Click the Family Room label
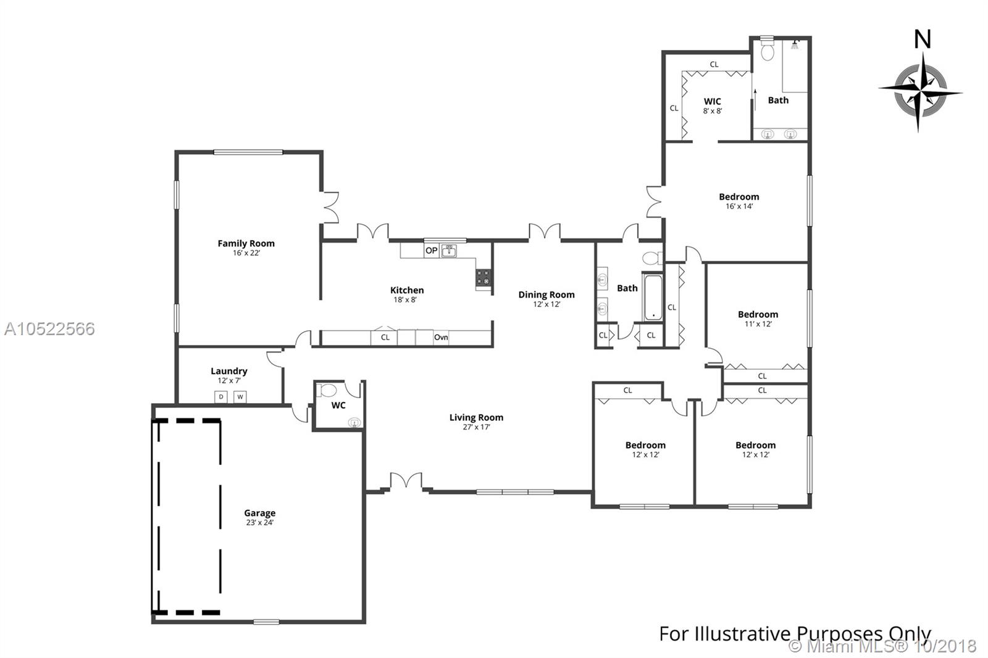(x=246, y=243)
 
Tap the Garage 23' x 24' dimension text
(x=260, y=523)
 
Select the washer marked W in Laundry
(x=240, y=397)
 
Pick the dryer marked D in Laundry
(x=221, y=397)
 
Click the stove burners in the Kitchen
(x=483, y=278)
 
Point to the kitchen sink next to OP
(x=449, y=251)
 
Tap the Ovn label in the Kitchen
(x=441, y=338)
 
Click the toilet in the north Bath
(x=768, y=50)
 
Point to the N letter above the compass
(x=923, y=40)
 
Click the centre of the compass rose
(x=920, y=92)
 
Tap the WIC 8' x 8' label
(x=713, y=106)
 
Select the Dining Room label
(x=546, y=294)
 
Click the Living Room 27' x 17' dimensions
(x=476, y=427)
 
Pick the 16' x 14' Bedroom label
(x=739, y=201)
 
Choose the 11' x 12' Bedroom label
(x=758, y=319)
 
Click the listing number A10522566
(x=49, y=329)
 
